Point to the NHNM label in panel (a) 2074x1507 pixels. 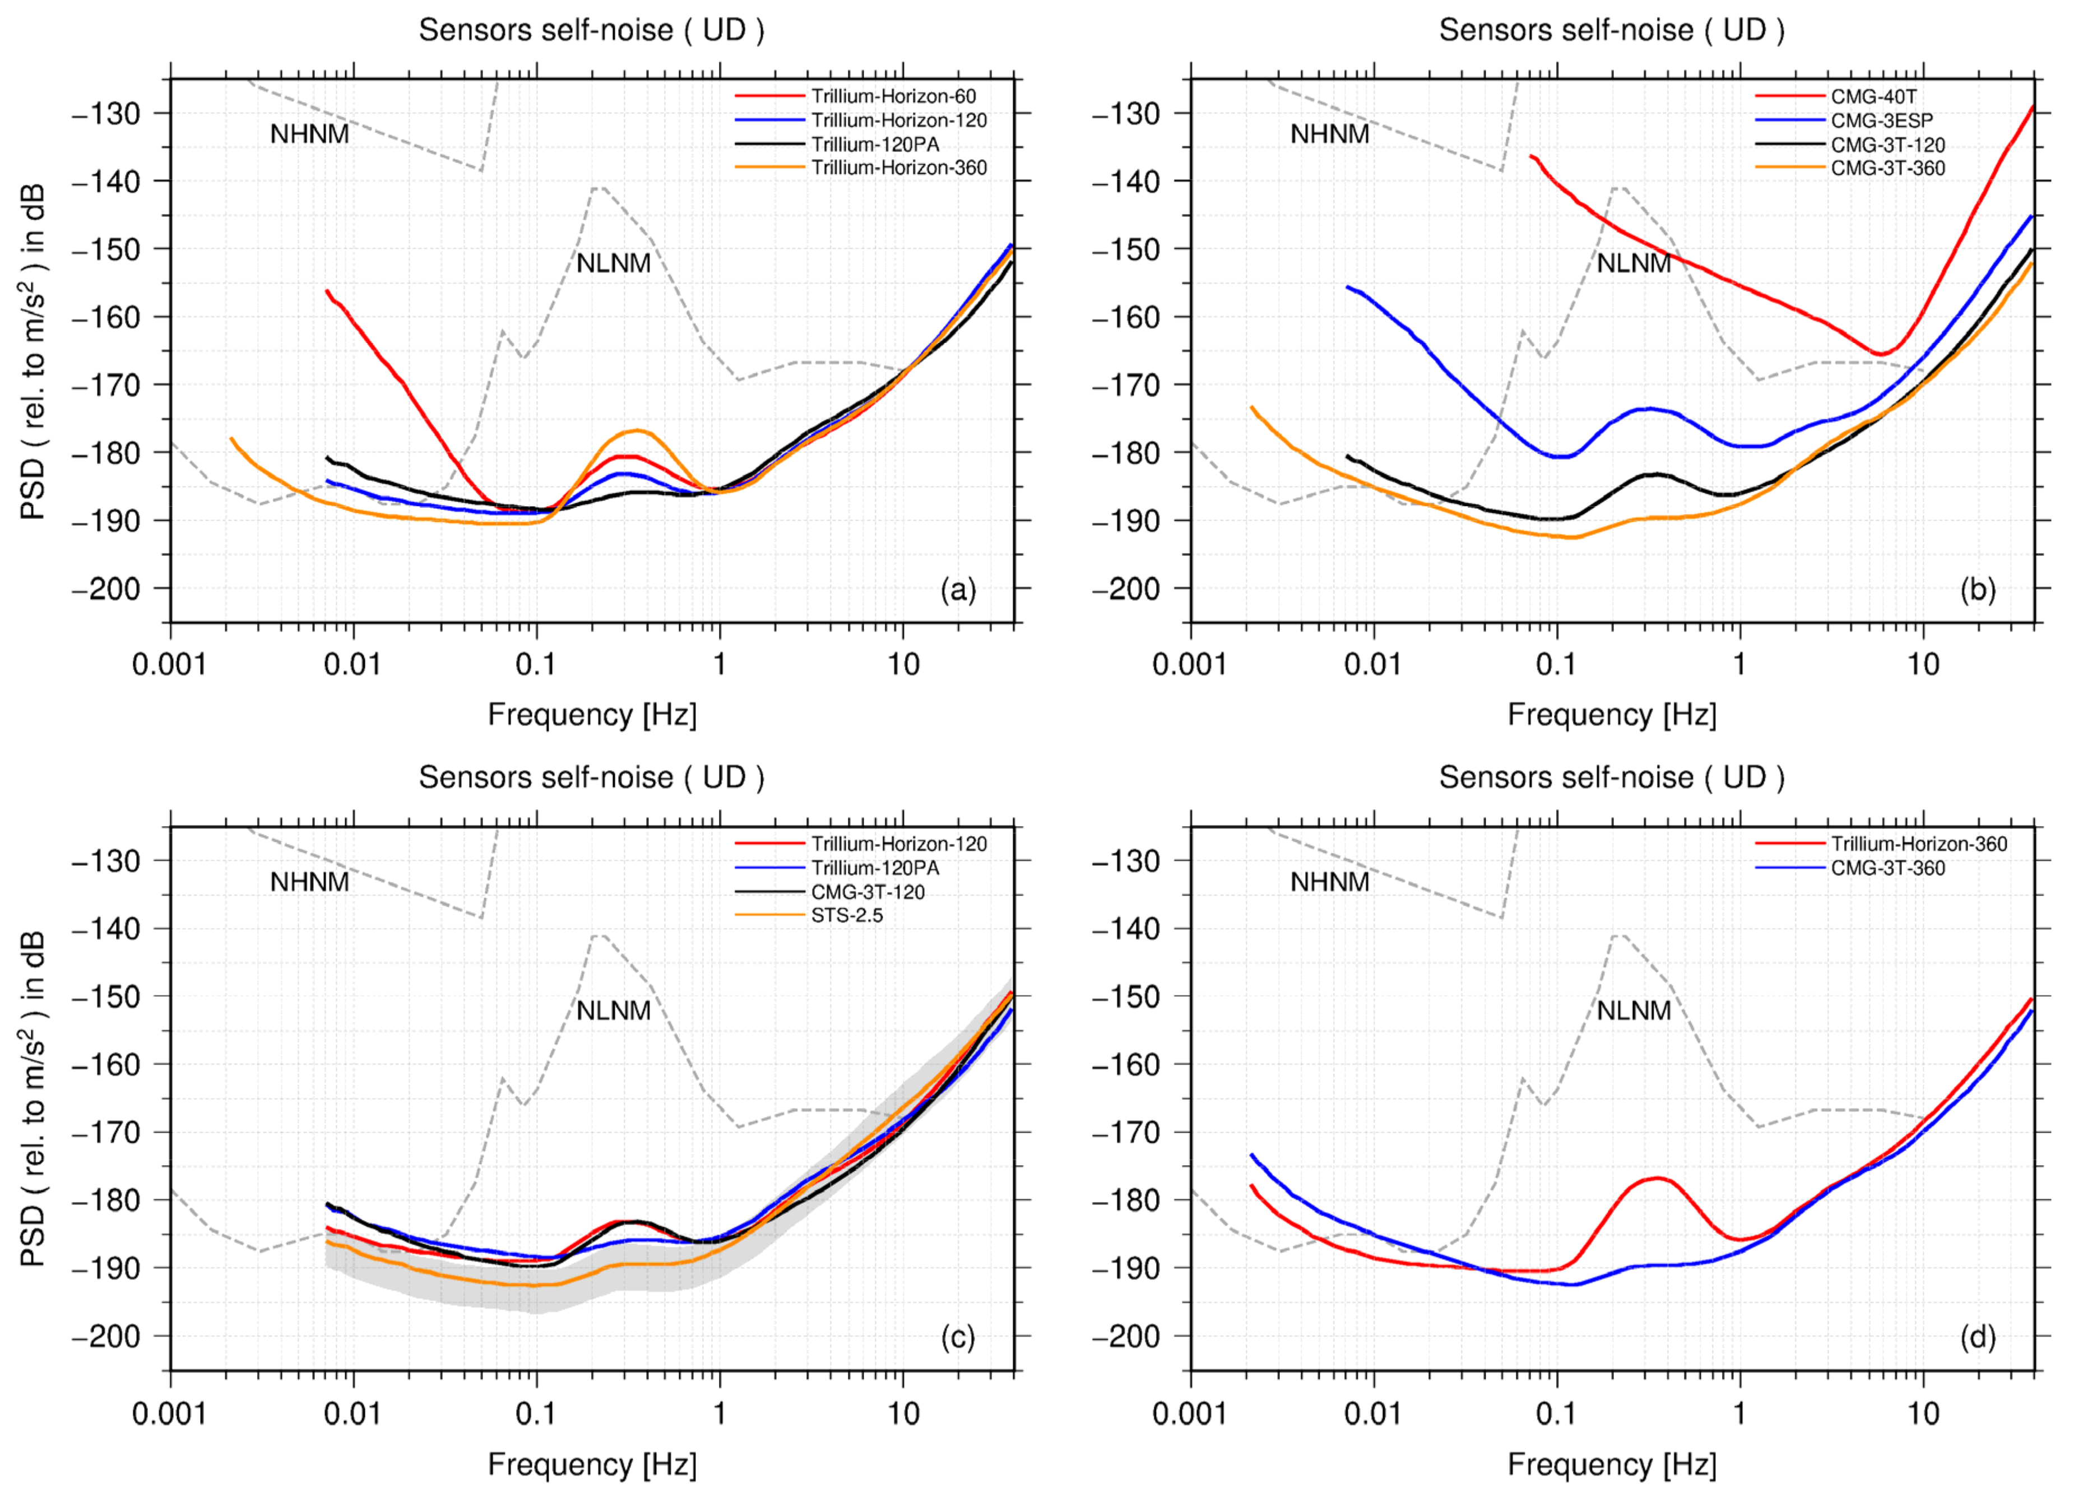coord(309,135)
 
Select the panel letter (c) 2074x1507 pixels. coord(958,1338)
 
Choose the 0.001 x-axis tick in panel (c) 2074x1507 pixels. coord(170,1414)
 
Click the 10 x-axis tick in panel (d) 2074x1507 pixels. coord(1923,1414)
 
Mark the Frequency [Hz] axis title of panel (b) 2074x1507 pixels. coord(1611,714)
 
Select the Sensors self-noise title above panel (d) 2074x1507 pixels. coord(1611,777)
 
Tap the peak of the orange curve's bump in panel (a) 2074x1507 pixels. coord(637,430)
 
